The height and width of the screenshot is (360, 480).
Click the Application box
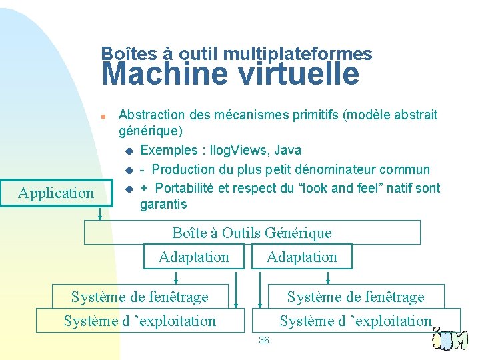click(56, 193)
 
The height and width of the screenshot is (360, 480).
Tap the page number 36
click(263, 340)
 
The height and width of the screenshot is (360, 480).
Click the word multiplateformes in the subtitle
click(298, 53)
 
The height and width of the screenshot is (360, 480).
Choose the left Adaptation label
click(193, 257)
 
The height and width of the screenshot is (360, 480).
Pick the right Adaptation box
click(301, 257)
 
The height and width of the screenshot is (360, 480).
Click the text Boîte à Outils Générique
click(251, 233)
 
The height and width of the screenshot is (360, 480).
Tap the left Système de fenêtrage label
click(139, 297)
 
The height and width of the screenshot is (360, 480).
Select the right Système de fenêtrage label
click(355, 297)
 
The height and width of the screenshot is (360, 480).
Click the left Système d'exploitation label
click(139, 321)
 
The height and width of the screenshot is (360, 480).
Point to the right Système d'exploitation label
click(355, 321)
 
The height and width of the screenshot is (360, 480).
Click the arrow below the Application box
click(100, 213)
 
